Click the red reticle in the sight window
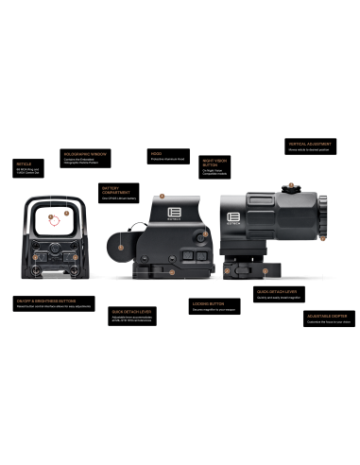pyautogui.click(x=55, y=221)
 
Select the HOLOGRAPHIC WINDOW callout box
pyautogui.click(x=86, y=156)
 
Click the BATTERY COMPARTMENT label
pyautogui.click(x=119, y=191)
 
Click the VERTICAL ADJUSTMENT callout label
pyautogui.click(x=311, y=146)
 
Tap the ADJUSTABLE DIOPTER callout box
pyautogui.click(x=328, y=319)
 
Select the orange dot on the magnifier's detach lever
pyautogui.click(x=267, y=270)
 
